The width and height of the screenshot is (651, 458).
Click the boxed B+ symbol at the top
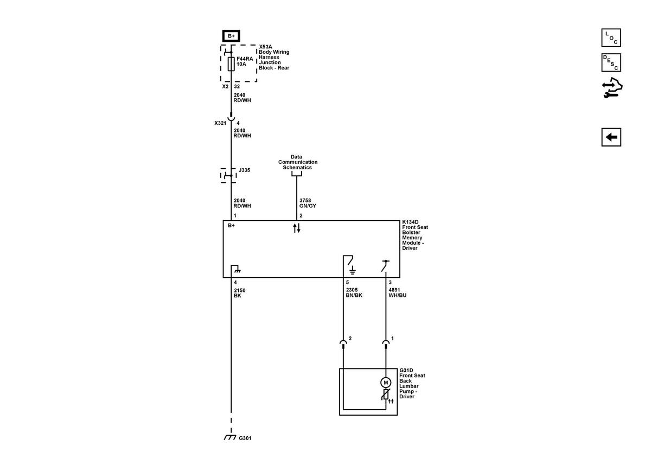[231, 36]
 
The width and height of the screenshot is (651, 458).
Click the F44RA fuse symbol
[231, 63]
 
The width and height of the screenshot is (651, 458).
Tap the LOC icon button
[611, 37]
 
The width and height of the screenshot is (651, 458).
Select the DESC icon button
[611, 62]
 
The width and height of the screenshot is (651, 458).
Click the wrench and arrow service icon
[612, 87]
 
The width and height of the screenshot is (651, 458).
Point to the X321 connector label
[220, 123]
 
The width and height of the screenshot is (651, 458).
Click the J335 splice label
[245, 170]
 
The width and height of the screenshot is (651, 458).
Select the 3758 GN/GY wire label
[308, 203]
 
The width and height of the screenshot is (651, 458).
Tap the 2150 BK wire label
[240, 293]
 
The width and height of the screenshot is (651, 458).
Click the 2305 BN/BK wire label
[354, 292]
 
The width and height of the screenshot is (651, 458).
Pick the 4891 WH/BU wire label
[398, 292]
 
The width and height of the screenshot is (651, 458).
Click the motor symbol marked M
[386, 383]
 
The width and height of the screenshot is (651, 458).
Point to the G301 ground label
[245, 438]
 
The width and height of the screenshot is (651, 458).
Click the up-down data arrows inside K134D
[297, 228]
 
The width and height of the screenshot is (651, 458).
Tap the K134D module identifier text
[410, 222]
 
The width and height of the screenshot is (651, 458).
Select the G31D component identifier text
[406, 370]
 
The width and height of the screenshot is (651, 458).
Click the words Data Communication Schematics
[298, 162]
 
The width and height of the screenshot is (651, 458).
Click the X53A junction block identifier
[266, 47]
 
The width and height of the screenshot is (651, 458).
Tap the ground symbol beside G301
[230, 437]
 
